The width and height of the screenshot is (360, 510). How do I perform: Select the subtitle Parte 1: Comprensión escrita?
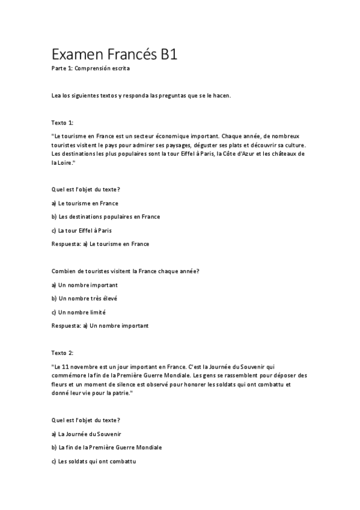[90, 69]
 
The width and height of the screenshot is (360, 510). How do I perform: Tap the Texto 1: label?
[63, 123]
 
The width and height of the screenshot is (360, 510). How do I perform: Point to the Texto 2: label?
[63, 352]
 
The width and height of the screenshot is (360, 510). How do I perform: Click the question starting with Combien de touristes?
[126, 271]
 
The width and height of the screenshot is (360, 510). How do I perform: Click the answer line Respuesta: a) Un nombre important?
[100, 325]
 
